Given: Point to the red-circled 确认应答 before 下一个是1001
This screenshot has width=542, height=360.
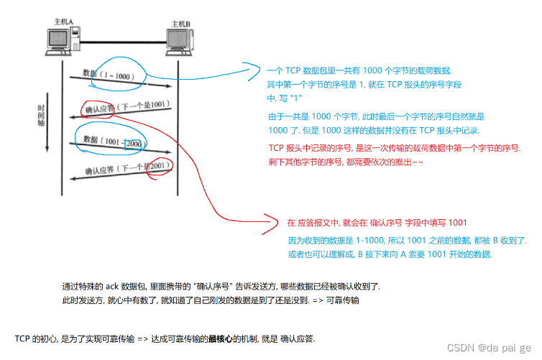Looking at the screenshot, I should click(99, 110).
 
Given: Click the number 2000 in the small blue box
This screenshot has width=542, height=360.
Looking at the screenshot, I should click(134, 143).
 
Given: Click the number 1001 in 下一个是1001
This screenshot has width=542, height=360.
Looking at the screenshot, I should click(159, 105).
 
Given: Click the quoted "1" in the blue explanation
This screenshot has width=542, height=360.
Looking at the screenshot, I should click(295, 97).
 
